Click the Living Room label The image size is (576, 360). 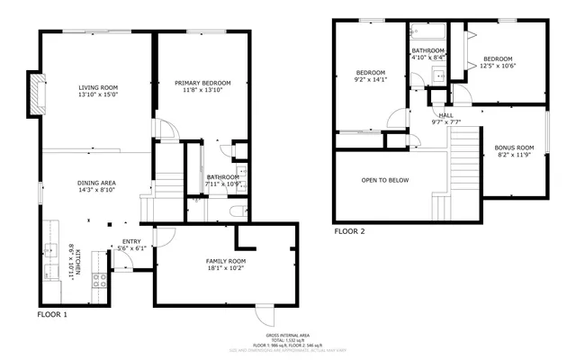98,87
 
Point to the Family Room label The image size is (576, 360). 225,261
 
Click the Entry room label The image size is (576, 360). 131,241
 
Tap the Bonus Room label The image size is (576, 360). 514,148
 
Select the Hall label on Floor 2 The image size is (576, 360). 446,115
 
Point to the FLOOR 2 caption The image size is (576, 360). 349,231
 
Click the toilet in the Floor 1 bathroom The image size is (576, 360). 236,212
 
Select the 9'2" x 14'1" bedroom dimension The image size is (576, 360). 370,78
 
